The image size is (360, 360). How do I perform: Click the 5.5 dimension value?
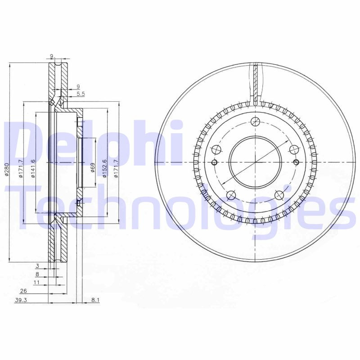point(81,94)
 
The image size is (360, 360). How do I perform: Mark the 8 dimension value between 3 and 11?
point(38,274)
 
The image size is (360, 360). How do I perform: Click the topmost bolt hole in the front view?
point(255,121)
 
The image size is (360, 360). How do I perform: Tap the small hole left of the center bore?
point(214,162)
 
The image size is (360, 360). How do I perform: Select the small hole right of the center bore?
point(296,162)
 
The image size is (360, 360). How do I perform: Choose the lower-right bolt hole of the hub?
point(279,195)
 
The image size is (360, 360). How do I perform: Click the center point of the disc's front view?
point(255,162)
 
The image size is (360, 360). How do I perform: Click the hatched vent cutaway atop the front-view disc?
point(255,83)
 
